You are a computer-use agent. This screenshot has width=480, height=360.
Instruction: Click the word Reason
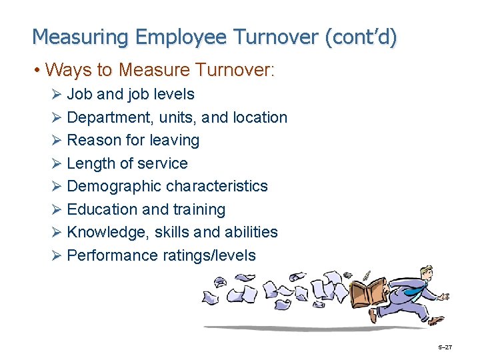point(93,141)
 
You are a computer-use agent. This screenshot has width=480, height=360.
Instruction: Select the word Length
point(92,164)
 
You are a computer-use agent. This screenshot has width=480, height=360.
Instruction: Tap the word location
point(260,118)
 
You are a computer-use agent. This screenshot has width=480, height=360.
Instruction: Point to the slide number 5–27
point(445,347)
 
